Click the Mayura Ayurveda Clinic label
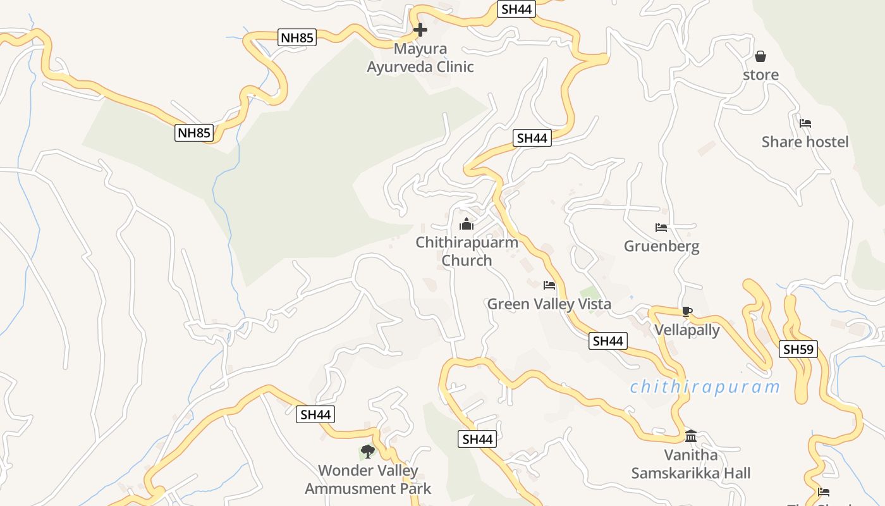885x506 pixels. tap(420, 58)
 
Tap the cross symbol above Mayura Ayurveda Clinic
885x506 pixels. tap(420, 30)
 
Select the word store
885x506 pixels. tap(760, 75)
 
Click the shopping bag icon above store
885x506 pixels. tap(760, 56)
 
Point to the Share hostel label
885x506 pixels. tap(805, 142)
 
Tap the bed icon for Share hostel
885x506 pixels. tap(805, 123)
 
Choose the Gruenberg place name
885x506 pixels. tap(661, 246)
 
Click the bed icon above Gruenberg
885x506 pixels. tap(661, 228)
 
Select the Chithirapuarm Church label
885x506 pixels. tap(467, 251)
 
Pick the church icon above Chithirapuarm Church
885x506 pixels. tap(467, 224)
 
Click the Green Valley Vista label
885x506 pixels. tap(549, 304)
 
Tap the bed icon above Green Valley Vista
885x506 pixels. tap(549, 285)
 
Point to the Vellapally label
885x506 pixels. tap(687, 330)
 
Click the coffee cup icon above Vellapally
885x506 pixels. tap(687, 311)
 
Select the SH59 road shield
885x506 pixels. tap(798, 349)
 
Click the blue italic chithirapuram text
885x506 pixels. tap(704, 386)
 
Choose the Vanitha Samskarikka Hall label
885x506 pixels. tap(690, 464)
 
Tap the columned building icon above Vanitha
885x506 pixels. tap(690, 436)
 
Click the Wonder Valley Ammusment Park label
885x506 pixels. tap(368, 479)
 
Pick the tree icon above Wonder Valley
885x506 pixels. tap(367, 452)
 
